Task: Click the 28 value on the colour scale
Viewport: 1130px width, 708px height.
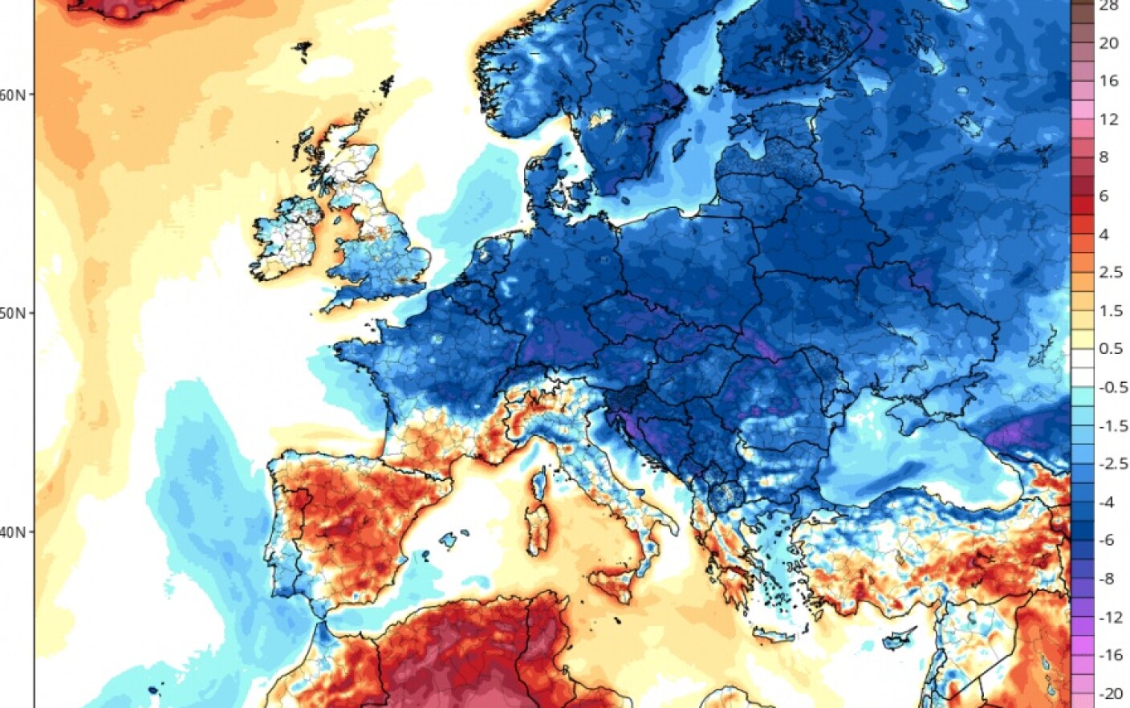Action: tap(1108, 6)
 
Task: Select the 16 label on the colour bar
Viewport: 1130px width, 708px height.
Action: tap(1108, 80)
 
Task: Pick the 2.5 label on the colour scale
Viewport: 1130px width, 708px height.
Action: tap(1110, 272)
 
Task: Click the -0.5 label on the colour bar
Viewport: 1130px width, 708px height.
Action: tap(1112, 387)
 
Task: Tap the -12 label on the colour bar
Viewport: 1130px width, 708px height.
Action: tap(1110, 617)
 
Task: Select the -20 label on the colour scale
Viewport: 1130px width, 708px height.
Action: tap(1110, 694)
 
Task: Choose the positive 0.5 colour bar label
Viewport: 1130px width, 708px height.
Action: tap(1110, 348)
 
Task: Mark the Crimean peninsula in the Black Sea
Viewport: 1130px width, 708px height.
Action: tap(911, 413)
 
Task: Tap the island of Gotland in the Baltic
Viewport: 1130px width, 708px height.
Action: tap(681, 147)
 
